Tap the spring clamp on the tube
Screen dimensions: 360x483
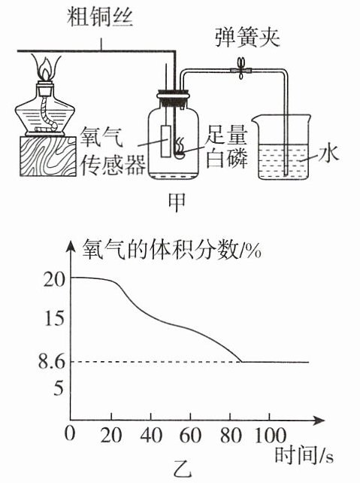click(x=241, y=69)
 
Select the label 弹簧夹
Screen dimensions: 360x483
click(x=247, y=38)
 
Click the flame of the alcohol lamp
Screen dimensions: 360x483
click(x=47, y=68)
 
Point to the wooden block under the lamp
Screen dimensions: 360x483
click(x=48, y=156)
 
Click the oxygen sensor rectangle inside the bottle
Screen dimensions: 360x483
click(x=166, y=141)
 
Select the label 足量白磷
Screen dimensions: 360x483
click(x=226, y=146)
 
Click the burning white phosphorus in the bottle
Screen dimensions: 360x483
click(x=180, y=148)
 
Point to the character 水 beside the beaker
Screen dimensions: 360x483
click(x=328, y=154)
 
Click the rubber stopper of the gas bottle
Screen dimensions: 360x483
click(x=173, y=98)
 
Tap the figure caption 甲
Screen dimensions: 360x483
click(x=177, y=202)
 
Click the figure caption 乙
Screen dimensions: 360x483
click(x=183, y=469)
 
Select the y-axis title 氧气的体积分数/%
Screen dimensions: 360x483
click(x=171, y=250)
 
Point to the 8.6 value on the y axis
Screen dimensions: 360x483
click(x=52, y=361)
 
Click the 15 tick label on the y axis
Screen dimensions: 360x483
click(x=55, y=318)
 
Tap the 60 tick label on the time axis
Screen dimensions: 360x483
click(x=190, y=436)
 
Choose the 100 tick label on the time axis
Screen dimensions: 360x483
click(x=271, y=436)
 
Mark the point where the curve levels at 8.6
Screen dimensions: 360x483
click(x=242, y=362)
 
